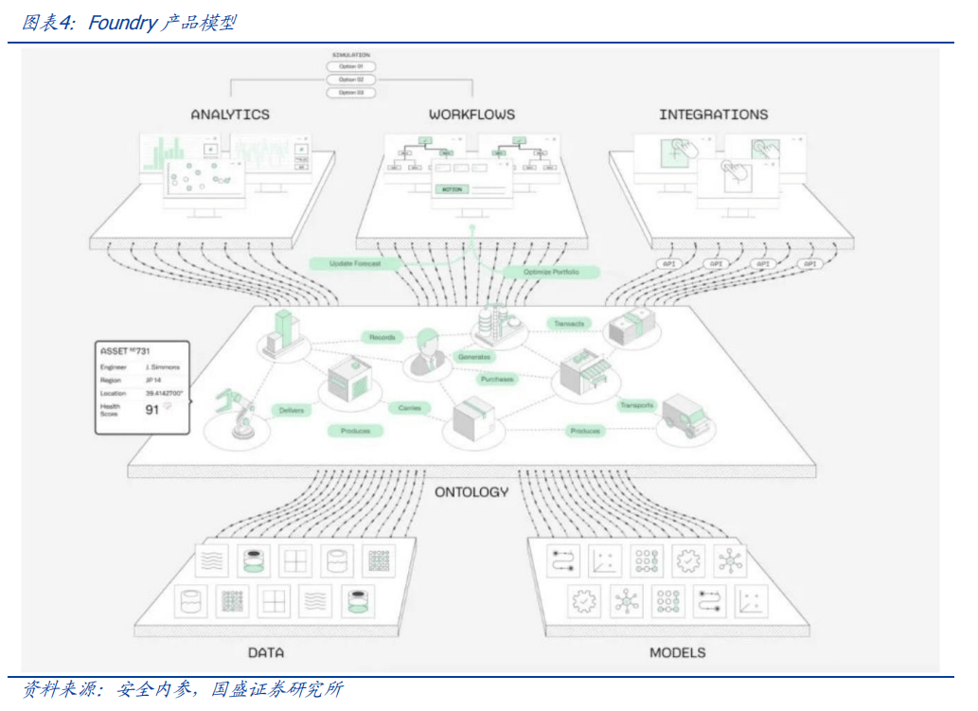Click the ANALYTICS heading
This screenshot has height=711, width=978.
(230, 115)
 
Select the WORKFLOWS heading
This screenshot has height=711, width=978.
(471, 115)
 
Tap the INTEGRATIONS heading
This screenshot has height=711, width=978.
(713, 115)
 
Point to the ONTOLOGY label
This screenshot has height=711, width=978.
(471, 492)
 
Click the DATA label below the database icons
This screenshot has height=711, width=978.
(266, 652)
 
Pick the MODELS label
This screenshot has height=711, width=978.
(677, 652)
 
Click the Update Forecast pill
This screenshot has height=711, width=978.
(355, 263)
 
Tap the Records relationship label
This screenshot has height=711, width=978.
(382, 337)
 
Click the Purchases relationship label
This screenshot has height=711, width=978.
(497, 380)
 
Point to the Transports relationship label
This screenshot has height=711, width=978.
(637, 405)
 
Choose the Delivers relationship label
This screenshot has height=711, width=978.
(291, 411)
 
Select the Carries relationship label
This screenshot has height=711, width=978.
(410, 408)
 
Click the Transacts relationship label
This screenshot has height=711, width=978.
(569, 324)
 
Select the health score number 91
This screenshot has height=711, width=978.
(151, 410)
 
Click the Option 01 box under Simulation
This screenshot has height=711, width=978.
(350, 67)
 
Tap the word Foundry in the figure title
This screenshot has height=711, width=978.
(121, 23)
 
